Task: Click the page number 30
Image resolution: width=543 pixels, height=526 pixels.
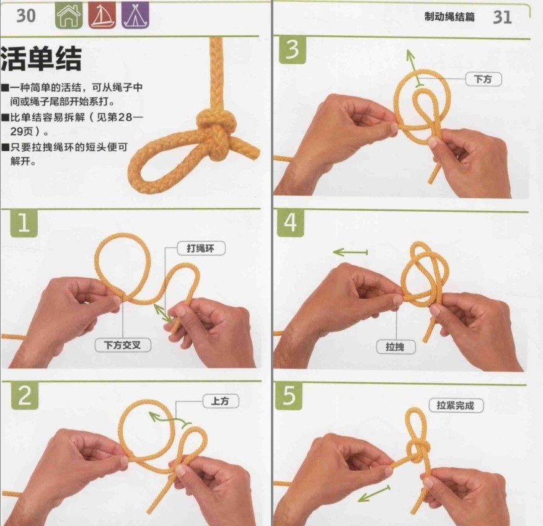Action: [25, 15]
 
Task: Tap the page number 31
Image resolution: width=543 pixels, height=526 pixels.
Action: [502, 17]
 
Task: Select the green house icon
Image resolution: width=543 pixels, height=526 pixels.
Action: [68, 16]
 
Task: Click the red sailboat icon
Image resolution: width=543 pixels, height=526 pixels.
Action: [100, 16]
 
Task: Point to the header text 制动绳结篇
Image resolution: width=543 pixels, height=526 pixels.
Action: [449, 17]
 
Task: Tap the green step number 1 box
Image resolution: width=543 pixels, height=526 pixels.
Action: [24, 224]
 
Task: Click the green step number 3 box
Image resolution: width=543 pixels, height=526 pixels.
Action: [292, 50]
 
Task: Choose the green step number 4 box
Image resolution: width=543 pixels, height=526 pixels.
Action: [292, 224]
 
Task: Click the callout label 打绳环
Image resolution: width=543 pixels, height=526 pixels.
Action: [201, 248]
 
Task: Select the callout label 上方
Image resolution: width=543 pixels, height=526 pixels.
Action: [220, 401]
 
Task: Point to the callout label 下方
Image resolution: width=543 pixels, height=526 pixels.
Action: [483, 79]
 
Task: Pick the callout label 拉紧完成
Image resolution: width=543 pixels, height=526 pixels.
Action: [456, 405]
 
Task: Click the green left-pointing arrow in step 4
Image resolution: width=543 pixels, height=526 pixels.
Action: [350, 252]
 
